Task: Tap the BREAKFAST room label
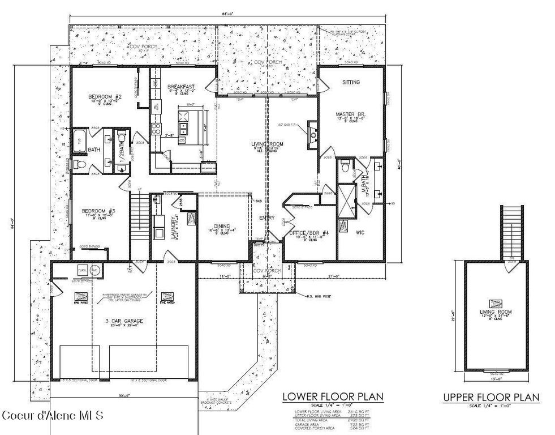[181, 86]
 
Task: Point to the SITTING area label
[351, 82]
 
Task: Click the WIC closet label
[360, 232]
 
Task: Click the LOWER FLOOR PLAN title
[333, 396]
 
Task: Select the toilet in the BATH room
[79, 165]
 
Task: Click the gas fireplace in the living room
[312, 134]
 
